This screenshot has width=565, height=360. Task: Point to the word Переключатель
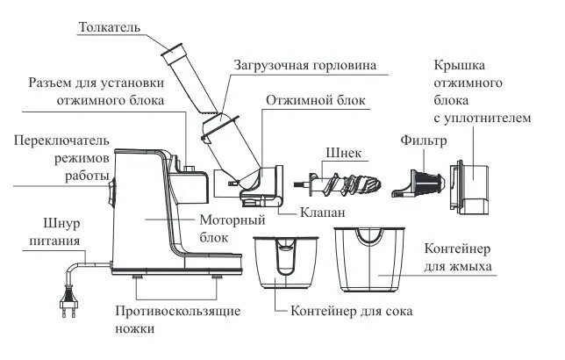(x=56, y=140)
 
